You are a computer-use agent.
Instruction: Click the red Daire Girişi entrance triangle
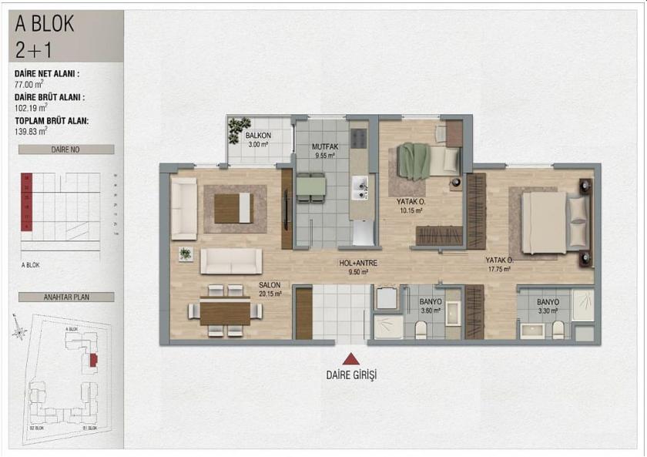coord(351,358)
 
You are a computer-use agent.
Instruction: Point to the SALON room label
coord(270,284)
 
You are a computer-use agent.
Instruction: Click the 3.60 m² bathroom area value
coord(430,311)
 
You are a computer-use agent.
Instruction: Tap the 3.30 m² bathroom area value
coord(547,311)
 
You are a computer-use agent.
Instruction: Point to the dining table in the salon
coord(225,311)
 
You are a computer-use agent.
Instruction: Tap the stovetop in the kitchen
coord(359,138)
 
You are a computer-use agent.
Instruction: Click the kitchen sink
coord(359,186)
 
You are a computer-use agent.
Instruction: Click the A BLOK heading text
coord(45,24)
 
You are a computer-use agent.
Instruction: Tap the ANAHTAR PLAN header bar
coord(66,297)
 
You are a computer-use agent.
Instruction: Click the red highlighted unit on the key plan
coord(93,360)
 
